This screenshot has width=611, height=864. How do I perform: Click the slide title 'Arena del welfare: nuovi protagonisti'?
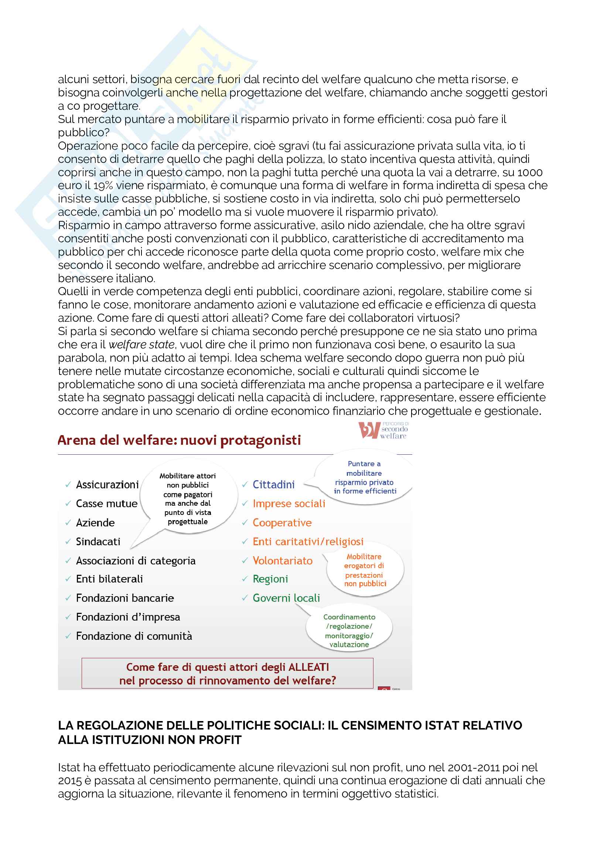coord(179,440)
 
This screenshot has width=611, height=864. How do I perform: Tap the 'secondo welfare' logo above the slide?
coord(383,430)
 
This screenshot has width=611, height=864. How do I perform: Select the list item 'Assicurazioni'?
coord(107,485)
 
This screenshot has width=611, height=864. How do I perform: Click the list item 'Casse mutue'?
coord(106,503)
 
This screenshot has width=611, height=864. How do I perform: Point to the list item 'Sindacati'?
coord(98,542)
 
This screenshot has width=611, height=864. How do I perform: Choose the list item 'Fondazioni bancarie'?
coord(125,598)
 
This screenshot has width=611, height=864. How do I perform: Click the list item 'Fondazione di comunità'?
coord(134,636)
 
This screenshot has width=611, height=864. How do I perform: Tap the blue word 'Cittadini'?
coord(273,485)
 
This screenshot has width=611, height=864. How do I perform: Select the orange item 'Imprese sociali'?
coord(289,503)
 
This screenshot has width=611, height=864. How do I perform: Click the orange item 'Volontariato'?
coord(283,561)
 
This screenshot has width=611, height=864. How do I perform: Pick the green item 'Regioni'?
coord(270,579)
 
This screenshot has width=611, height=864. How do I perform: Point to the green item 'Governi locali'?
coord(286,598)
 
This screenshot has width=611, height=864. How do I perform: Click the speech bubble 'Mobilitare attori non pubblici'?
coord(188,498)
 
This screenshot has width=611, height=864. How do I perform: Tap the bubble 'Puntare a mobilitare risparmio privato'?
coord(364,477)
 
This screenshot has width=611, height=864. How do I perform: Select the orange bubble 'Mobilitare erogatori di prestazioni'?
coord(365,570)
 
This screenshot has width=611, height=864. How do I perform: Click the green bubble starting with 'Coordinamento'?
coord(349,630)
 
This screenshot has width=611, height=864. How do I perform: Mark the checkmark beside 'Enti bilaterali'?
coord(68,579)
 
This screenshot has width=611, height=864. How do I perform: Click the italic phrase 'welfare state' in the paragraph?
coord(141,344)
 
